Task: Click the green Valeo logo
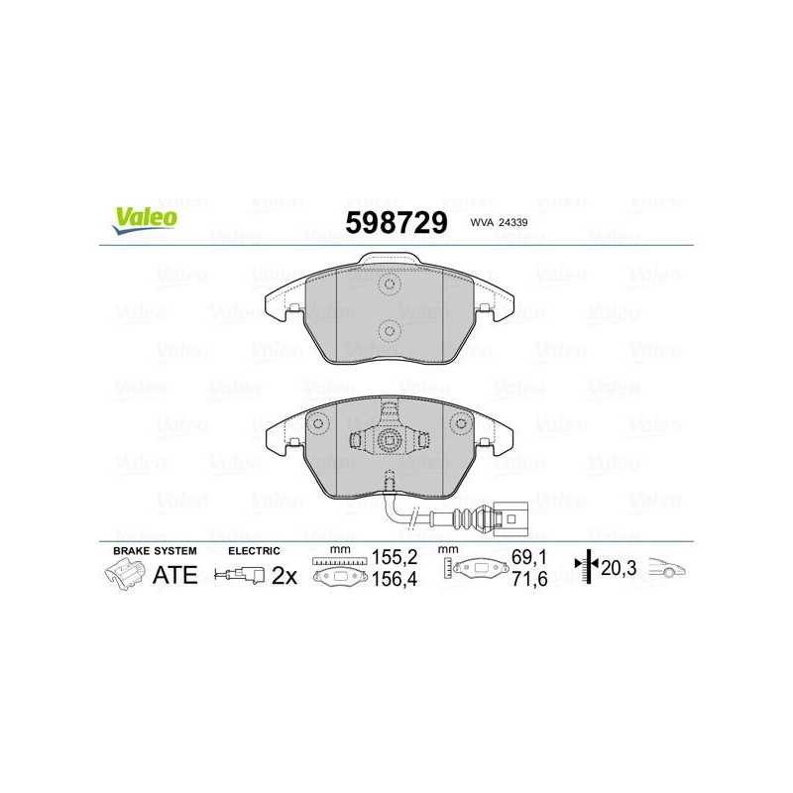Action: (145, 220)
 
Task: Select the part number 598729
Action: (396, 222)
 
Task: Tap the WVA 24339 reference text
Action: (499, 222)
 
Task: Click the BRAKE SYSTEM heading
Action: (155, 551)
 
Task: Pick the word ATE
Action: (175, 575)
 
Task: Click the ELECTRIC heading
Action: (254, 551)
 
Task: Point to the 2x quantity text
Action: (284, 576)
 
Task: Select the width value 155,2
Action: (395, 557)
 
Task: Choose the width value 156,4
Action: (395, 579)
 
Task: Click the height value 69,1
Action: (529, 557)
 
